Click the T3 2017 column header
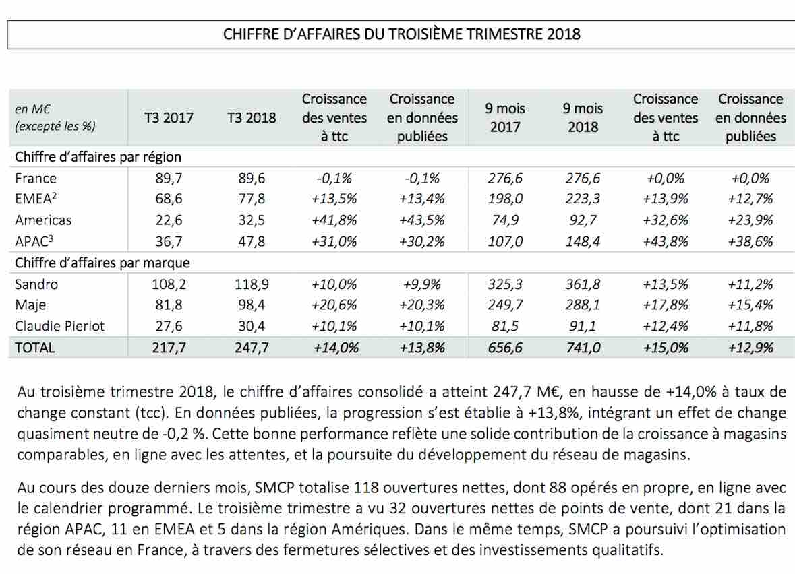click(169, 117)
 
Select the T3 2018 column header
click(252, 117)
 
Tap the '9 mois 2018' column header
click(583, 117)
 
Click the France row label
click(36, 179)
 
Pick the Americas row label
click(43, 220)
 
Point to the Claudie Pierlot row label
click(59, 326)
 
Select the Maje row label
click(30, 305)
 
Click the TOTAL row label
click(34, 348)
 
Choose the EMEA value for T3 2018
click(252, 199)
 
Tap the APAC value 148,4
click(583, 241)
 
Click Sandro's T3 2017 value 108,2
click(169, 284)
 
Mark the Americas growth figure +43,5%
click(422, 220)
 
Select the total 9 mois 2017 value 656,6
click(505, 348)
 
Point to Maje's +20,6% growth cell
click(334, 305)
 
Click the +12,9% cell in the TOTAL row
click(750, 348)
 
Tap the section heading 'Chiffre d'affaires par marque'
click(102, 263)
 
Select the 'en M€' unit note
click(32, 109)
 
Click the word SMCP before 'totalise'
click(274, 487)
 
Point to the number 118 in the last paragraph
click(366, 487)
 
